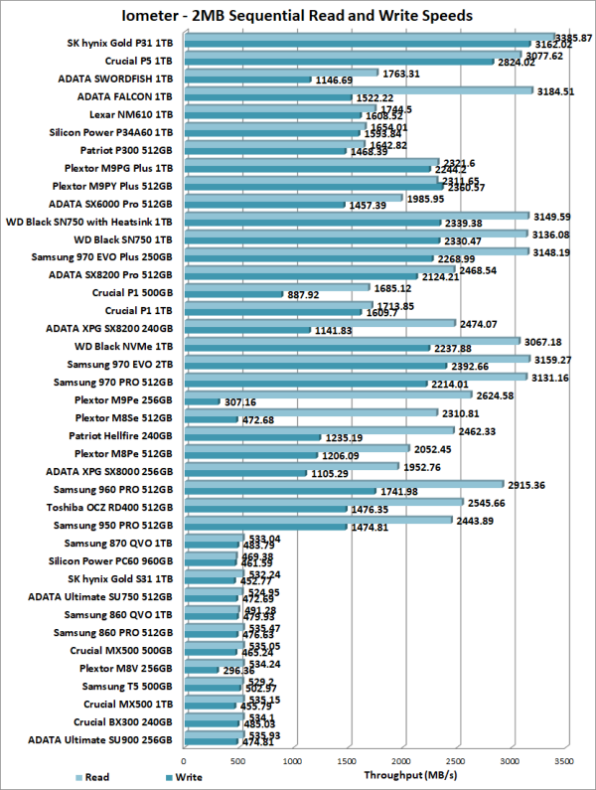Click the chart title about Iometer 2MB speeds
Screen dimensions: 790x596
[x=298, y=16]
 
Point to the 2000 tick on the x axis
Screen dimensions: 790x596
[x=400, y=761]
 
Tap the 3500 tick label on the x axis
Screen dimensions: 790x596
[x=562, y=761]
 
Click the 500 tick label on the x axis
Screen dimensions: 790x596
[x=237, y=761]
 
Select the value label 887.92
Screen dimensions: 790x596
[x=306, y=295]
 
